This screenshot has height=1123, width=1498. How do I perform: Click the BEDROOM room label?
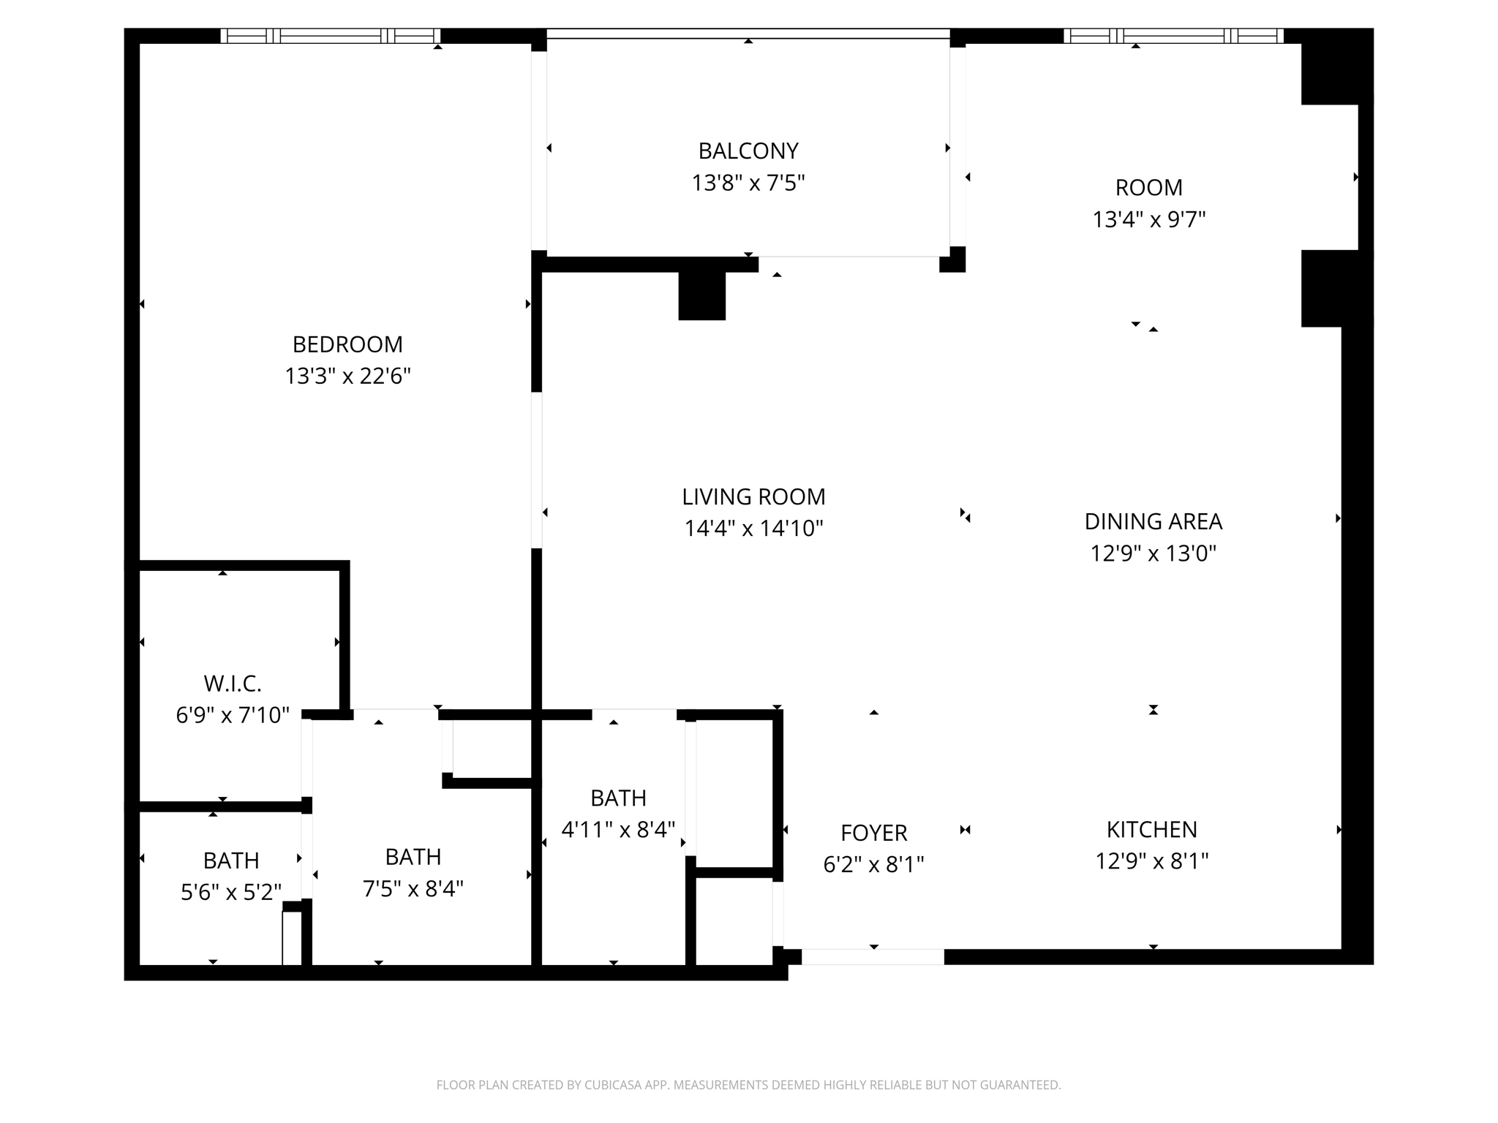[x=347, y=344]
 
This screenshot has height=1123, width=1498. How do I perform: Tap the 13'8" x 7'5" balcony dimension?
[x=748, y=183]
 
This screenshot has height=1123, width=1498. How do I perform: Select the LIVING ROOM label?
[x=753, y=497]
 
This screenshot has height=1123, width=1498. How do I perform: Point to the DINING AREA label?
[x=1153, y=521]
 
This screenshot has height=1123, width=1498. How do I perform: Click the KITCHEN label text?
[x=1151, y=830]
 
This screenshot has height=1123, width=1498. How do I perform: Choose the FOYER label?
[x=873, y=833]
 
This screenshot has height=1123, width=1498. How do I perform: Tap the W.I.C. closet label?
[x=233, y=684]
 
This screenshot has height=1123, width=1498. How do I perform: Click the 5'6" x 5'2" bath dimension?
[x=231, y=892]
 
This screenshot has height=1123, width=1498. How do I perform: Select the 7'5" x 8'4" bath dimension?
[x=413, y=889]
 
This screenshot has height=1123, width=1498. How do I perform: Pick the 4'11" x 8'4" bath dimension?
[x=618, y=830]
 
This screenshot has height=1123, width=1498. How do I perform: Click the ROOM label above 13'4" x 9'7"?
[x=1148, y=188]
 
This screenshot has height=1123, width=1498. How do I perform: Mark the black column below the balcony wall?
[x=701, y=295]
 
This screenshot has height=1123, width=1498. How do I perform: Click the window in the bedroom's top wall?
[x=331, y=36]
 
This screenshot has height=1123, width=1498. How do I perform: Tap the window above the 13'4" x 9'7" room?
[x=1173, y=36]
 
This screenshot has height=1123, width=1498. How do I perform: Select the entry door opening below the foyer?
[x=873, y=956]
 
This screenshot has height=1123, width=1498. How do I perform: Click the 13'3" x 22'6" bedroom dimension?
[x=347, y=377]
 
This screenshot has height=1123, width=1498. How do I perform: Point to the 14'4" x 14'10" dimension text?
[x=753, y=529]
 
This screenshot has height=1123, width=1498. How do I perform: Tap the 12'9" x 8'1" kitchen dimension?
[x=1151, y=861]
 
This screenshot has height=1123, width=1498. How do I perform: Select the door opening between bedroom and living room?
[x=537, y=470]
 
